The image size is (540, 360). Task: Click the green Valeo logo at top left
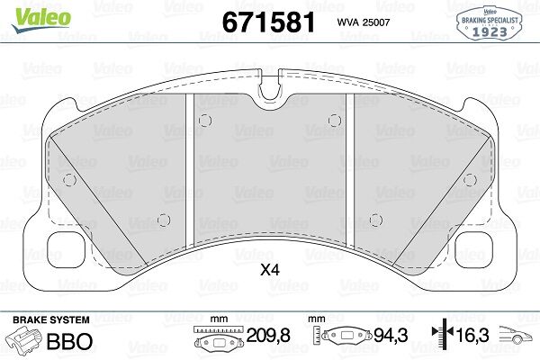pos(41,20)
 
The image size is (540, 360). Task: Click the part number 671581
pos(268,22)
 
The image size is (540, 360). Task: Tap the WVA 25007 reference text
pos(364,22)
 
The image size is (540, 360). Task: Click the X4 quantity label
pos(270,270)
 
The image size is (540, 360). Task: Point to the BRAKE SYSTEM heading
pos(51,319)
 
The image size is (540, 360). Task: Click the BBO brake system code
pos(69,341)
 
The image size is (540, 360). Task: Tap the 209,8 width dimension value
pos(268,335)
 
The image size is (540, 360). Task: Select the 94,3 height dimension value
pos(391,335)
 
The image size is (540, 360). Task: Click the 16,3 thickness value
pos(472,335)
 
